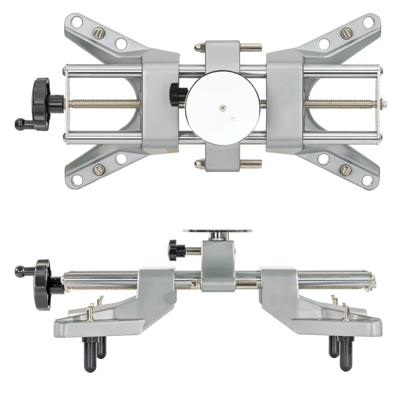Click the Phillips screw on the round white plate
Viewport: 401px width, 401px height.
[223, 108]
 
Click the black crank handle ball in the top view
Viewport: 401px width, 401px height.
[19, 124]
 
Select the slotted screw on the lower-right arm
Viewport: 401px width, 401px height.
[345, 170]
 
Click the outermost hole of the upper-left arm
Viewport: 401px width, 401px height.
[77, 22]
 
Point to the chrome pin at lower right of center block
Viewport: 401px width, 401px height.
[251, 164]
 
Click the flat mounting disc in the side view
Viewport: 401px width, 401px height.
[218, 230]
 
